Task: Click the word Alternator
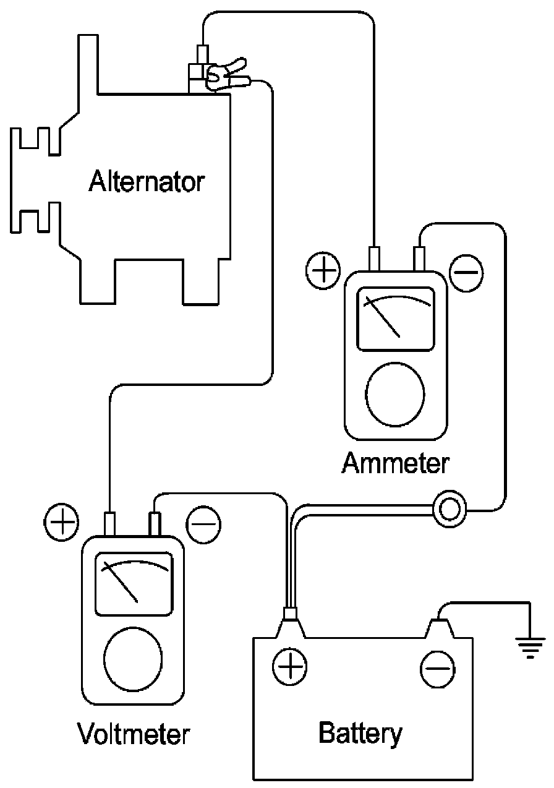[147, 182]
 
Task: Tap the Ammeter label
[396, 463]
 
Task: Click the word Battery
[360, 734]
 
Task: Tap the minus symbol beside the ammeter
[466, 272]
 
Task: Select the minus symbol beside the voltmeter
[204, 523]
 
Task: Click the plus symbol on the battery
[289, 667]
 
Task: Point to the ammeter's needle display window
[396, 317]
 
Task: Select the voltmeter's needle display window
[134, 583]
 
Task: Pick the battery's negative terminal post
[438, 625]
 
